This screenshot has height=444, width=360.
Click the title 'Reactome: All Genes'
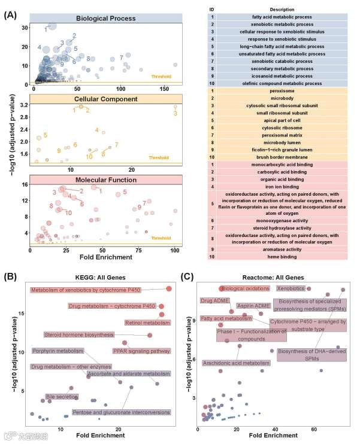[x=272, y=278]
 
